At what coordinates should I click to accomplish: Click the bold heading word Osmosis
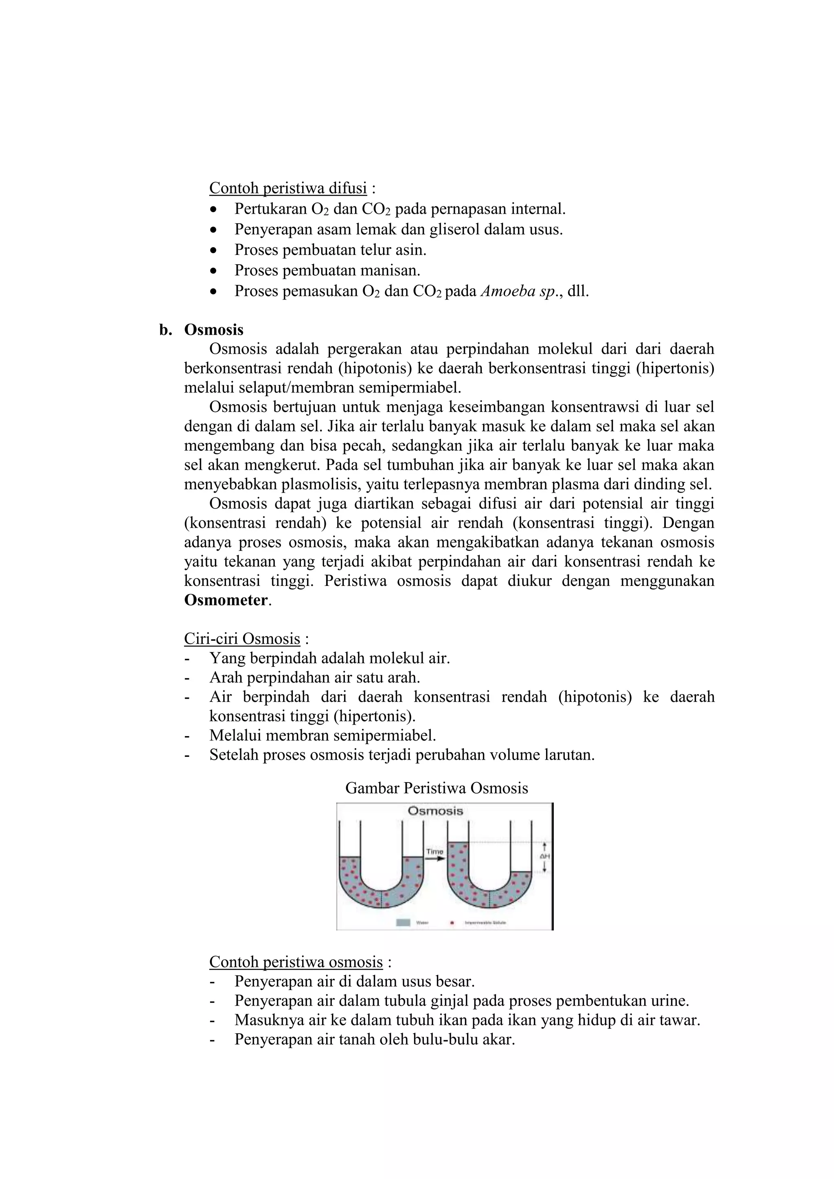pos(214,330)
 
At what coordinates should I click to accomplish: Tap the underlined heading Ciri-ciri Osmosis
pos(242,639)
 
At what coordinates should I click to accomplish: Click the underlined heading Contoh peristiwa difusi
pos(288,188)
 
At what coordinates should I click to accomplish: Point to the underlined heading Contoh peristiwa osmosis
pos(296,962)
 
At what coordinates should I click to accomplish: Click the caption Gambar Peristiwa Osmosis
pos(437,788)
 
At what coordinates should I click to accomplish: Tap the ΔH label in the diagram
pos(545,857)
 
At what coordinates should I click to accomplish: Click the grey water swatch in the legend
pos(404,923)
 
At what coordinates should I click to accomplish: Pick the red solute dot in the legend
pos(452,923)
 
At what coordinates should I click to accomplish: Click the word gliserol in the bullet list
pos(458,230)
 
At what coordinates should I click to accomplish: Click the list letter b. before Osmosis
pos(165,330)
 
